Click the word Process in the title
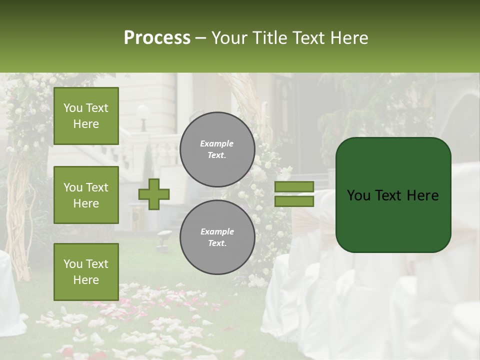157,38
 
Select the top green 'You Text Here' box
86,116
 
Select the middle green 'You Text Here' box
86,195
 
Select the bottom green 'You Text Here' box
86,271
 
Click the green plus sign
154,194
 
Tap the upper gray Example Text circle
217,149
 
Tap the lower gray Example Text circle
217,237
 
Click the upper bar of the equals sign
294,187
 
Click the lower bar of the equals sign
294,201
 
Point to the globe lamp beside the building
143,111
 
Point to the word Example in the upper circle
217,143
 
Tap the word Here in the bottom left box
86,280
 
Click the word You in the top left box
72,108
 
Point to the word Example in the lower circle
217,231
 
